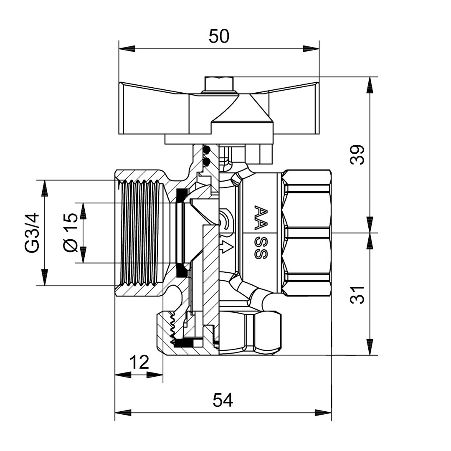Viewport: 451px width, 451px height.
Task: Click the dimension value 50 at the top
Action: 219,36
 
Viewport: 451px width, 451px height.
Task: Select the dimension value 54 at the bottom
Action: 223,400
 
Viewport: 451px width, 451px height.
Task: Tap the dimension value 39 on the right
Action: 358,155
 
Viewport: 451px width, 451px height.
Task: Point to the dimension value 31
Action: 358,294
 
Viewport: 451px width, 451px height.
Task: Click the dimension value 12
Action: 139,362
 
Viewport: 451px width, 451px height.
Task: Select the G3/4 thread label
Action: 32,233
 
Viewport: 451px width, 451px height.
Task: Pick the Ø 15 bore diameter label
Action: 71,233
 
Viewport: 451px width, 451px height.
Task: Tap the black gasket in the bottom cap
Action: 184,343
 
